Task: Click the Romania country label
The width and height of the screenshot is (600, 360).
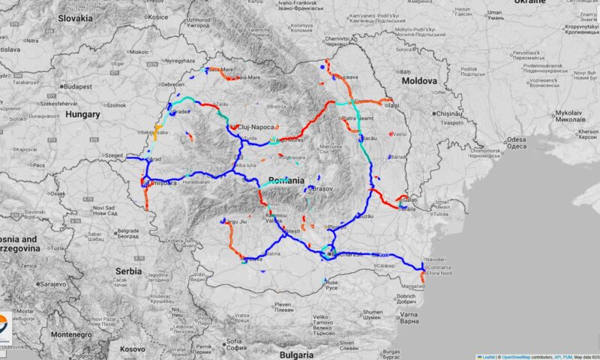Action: point(286,181)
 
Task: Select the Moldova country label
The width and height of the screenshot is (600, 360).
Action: point(418,80)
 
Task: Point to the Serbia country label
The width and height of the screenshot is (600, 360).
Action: point(124,270)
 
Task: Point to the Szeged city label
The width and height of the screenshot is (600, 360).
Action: point(114,155)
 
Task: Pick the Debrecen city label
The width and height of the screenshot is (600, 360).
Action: point(172,85)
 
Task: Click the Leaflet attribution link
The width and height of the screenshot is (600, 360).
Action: point(487,356)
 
